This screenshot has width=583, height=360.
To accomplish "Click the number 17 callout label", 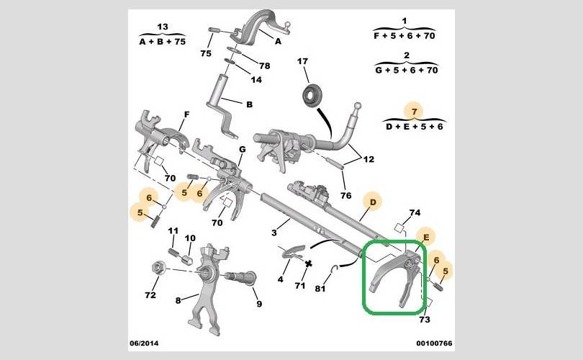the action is click(x=302, y=61).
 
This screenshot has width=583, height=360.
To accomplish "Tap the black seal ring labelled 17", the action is click(x=310, y=96).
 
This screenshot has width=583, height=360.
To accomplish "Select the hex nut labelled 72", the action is click(x=158, y=268).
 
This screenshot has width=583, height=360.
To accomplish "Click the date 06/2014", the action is click(x=144, y=343).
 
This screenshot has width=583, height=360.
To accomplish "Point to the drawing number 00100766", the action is click(x=434, y=343).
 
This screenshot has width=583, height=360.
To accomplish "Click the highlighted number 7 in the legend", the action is click(x=414, y=111).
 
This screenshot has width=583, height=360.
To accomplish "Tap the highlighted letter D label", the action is click(x=373, y=202).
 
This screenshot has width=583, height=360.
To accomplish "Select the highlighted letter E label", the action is click(x=426, y=238).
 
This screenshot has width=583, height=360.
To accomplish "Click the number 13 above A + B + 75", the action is click(x=163, y=27).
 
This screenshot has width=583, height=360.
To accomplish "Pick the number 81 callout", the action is click(x=320, y=288).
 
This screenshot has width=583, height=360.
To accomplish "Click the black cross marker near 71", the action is click(x=308, y=264).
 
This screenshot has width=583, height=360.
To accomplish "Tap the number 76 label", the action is click(x=345, y=195).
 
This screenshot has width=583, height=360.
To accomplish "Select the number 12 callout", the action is click(x=369, y=159).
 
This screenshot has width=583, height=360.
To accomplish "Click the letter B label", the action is click(x=250, y=104).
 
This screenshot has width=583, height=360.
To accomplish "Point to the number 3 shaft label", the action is click(x=274, y=233).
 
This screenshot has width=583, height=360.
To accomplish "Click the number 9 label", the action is click(x=259, y=304).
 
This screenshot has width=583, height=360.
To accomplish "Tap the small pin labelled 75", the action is click(x=215, y=30).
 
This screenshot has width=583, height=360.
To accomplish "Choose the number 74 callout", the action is click(x=415, y=212).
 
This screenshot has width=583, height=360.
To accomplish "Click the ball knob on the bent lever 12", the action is click(x=357, y=106).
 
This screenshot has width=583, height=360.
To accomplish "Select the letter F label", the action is click(x=186, y=114).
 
